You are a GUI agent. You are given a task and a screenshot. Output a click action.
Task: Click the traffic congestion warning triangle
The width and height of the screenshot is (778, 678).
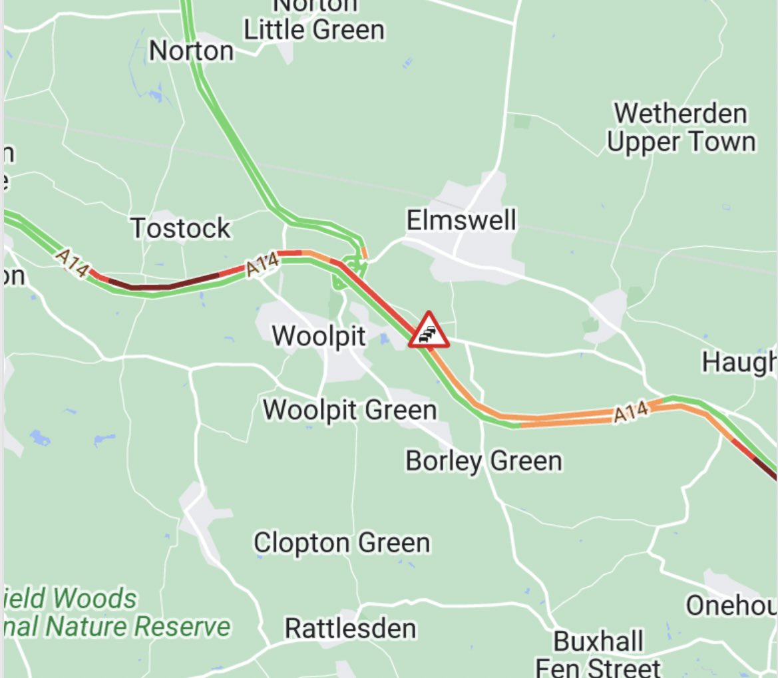(429, 331)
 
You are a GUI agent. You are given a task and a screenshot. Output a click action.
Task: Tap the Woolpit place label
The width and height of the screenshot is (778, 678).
(319, 336)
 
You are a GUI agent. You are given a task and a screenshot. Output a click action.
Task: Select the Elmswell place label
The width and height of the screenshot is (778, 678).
(461, 220)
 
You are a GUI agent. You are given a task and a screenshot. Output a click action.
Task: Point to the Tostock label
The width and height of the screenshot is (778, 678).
(180, 228)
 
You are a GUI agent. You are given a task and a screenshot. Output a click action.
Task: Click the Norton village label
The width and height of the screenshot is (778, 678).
(192, 51)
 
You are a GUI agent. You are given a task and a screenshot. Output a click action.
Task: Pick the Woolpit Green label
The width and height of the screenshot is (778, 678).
(350, 410)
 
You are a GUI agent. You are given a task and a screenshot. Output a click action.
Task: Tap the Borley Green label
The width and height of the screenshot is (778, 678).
(484, 460)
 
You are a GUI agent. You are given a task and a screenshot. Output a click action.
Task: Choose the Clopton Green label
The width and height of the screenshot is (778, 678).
(341, 543)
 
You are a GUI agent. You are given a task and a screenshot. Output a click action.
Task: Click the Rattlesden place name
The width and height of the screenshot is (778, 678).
(350, 628)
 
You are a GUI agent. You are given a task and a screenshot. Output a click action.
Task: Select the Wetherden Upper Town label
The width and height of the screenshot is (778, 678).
(681, 128)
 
